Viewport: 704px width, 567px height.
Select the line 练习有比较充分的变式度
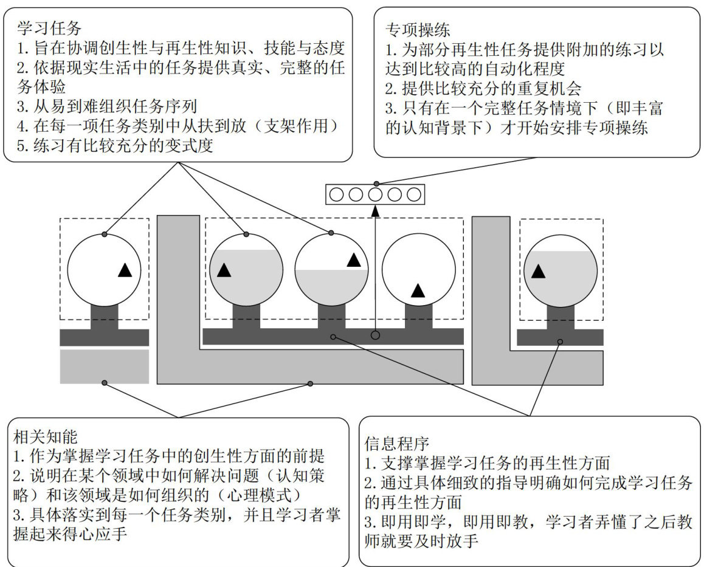click(x=116, y=146)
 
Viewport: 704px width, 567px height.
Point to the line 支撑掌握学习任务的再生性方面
click(x=487, y=464)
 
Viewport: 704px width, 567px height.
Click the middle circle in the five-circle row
click(x=375, y=195)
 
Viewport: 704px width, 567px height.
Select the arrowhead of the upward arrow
click(x=375, y=211)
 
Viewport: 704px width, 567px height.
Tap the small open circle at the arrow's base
click(x=375, y=335)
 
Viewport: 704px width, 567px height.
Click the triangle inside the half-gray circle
click(x=354, y=260)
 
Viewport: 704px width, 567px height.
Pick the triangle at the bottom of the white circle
click(x=418, y=290)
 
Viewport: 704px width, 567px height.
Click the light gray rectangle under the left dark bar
click(x=104, y=366)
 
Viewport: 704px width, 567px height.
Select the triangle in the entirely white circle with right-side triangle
click(x=125, y=270)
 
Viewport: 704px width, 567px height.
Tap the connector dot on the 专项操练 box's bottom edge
click(x=376, y=183)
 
